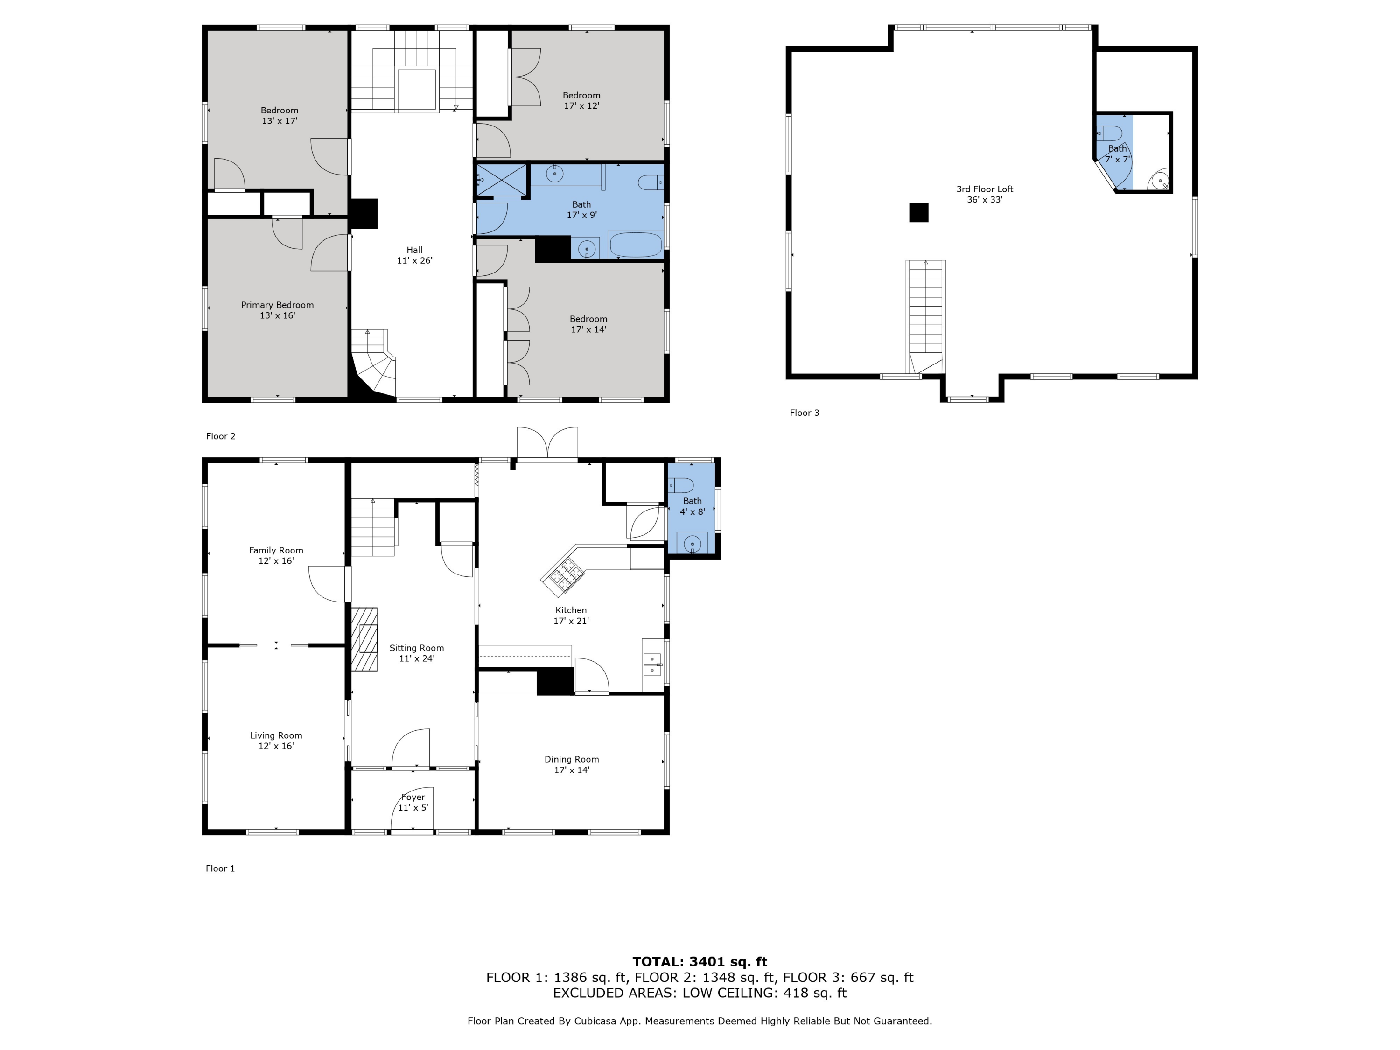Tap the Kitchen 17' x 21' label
coord(571,615)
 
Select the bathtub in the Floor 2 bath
coord(635,245)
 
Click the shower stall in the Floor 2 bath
coord(501,180)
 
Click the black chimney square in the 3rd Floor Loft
coord(918,213)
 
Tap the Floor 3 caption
coord(804,413)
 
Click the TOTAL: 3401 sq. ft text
coord(700,962)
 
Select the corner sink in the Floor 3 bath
coord(1160,181)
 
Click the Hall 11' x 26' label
coord(414,255)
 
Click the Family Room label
coord(276,555)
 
